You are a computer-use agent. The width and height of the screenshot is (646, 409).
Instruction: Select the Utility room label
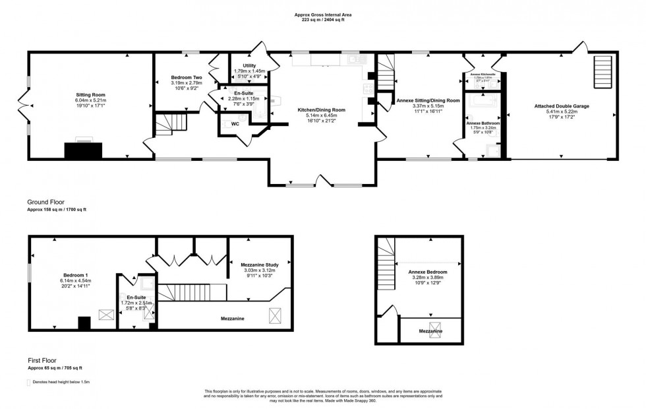point(249,66)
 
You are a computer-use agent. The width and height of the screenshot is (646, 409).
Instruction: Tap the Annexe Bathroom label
point(483,123)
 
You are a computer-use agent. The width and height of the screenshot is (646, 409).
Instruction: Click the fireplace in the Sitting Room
point(84,150)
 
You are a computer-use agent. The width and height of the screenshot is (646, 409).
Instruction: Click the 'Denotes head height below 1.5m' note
point(59,382)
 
